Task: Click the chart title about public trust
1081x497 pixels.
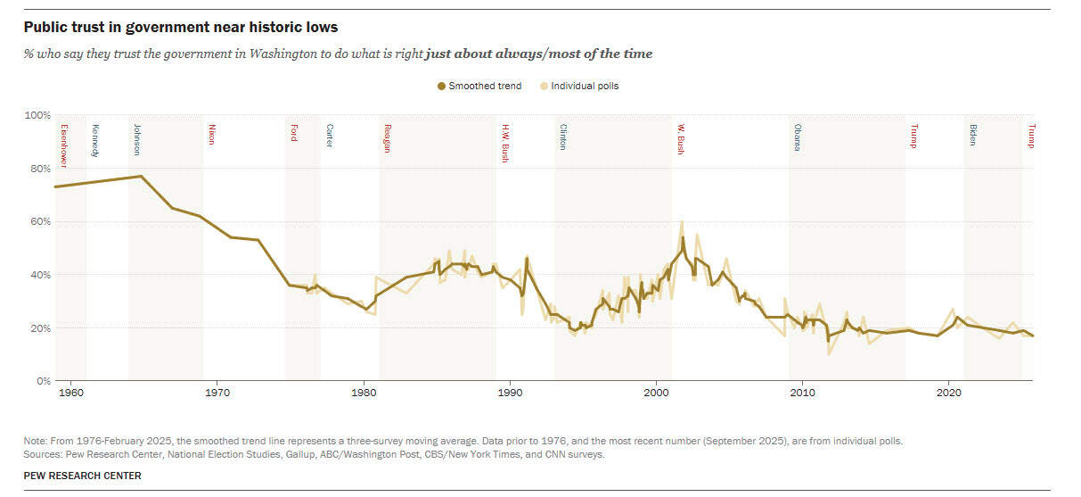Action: coord(181,28)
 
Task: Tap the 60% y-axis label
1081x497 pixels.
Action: coord(38,221)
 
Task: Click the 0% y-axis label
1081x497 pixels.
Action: coord(42,381)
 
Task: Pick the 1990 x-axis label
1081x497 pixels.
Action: coord(510,393)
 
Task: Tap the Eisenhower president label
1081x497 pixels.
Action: coord(64,145)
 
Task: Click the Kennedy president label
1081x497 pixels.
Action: coord(94,141)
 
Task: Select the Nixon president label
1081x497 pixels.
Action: coord(211,134)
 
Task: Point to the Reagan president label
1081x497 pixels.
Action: coord(388,138)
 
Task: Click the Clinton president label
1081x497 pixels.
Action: coord(562,137)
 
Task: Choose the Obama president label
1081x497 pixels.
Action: coord(797,137)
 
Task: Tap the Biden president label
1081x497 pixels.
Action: coord(972,135)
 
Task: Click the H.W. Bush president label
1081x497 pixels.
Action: coord(504,143)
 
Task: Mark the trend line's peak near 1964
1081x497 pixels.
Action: coord(141,176)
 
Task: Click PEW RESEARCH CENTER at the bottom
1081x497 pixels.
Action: coord(82,476)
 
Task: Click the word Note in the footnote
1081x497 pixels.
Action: coord(35,442)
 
